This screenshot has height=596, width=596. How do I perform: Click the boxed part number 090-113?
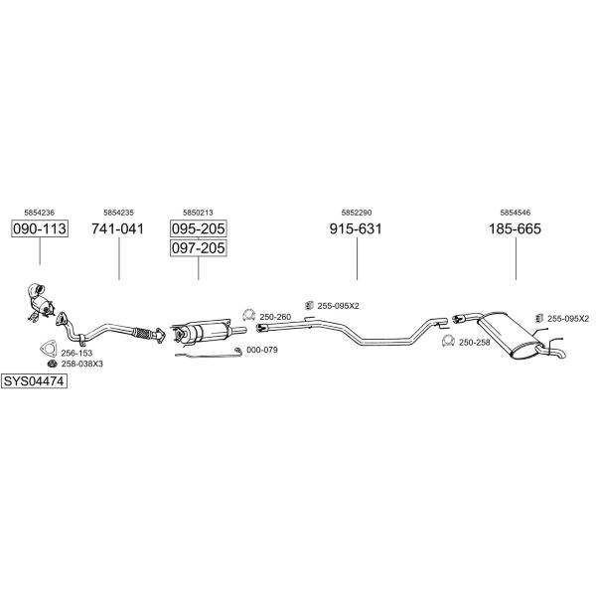[x=40, y=228]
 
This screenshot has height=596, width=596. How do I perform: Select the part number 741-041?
[x=118, y=228]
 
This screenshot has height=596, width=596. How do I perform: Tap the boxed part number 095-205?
[x=198, y=228]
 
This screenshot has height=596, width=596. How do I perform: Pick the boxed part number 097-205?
[x=198, y=247]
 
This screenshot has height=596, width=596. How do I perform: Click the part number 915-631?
[x=356, y=228]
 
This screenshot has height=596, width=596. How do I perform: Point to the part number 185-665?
[x=515, y=228]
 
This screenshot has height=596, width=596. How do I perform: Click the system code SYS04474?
[x=34, y=380]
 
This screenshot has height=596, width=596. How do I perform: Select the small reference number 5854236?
[x=39, y=213]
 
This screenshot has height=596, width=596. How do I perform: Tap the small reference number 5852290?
[x=357, y=213]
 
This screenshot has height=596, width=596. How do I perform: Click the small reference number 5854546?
[x=515, y=213]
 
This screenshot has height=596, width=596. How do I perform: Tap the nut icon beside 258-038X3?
[x=52, y=364]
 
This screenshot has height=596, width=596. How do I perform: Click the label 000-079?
[x=262, y=350]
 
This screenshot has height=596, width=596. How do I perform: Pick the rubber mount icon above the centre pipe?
[x=309, y=305]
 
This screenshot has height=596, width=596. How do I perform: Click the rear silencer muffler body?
[x=509, y=334]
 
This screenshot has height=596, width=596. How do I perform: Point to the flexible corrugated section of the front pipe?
[x=143, y=333]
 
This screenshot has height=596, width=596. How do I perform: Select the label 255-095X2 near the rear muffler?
[x=568, y=319]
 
